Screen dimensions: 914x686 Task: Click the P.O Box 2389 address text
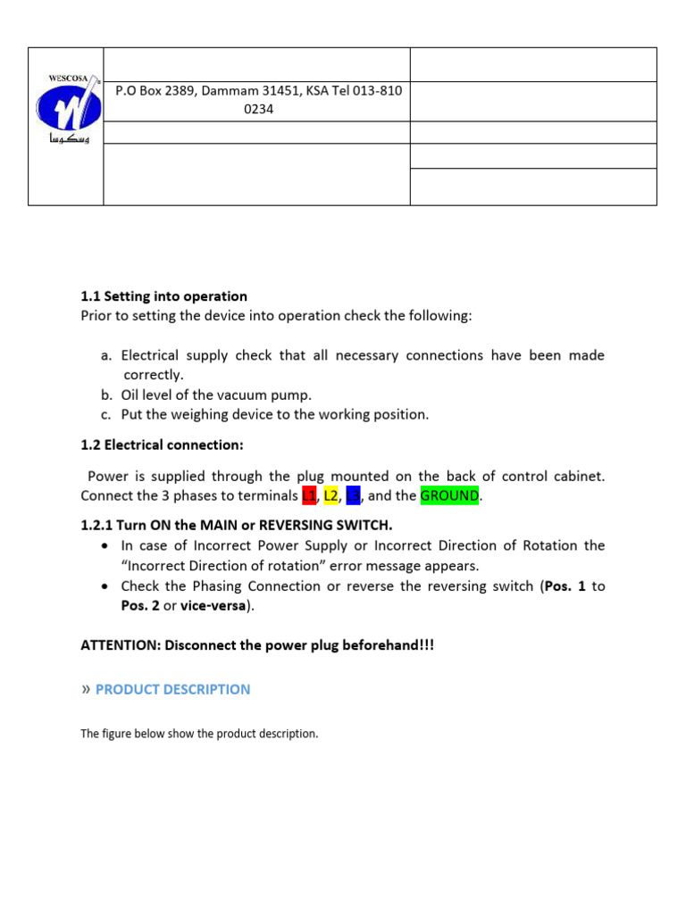pyautogui.click(x=257, y=91)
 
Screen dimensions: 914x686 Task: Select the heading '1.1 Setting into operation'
pyautogui.click(x=163, y=296)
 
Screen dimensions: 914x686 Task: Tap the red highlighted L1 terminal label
pyautogui.click(x=309, y=495)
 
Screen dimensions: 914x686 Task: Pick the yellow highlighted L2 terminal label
pyautogui.click(x=331, y=495)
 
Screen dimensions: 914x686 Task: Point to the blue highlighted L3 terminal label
pyautogui.click(x=353, y=495)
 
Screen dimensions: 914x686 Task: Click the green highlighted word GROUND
pyautogui.click(x=450, y=495)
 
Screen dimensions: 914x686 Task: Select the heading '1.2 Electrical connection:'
pyautogui.click(x=162, y=445)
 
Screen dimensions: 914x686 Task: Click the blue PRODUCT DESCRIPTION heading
pyautogui.click(x=172, y=689)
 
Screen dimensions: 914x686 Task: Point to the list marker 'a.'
pyautogui.click(x=106, y=355)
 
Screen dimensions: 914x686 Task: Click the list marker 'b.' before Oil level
pyautogui.click(x=106, y=395)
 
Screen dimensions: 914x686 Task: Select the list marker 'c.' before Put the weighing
pyautogui.click(x=106, y=414)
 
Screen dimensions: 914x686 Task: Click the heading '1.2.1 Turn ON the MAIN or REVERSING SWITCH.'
pyautogui.click(x=236, y=524)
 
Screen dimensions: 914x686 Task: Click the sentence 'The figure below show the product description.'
pyautogui.click(x=199, y=734)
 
